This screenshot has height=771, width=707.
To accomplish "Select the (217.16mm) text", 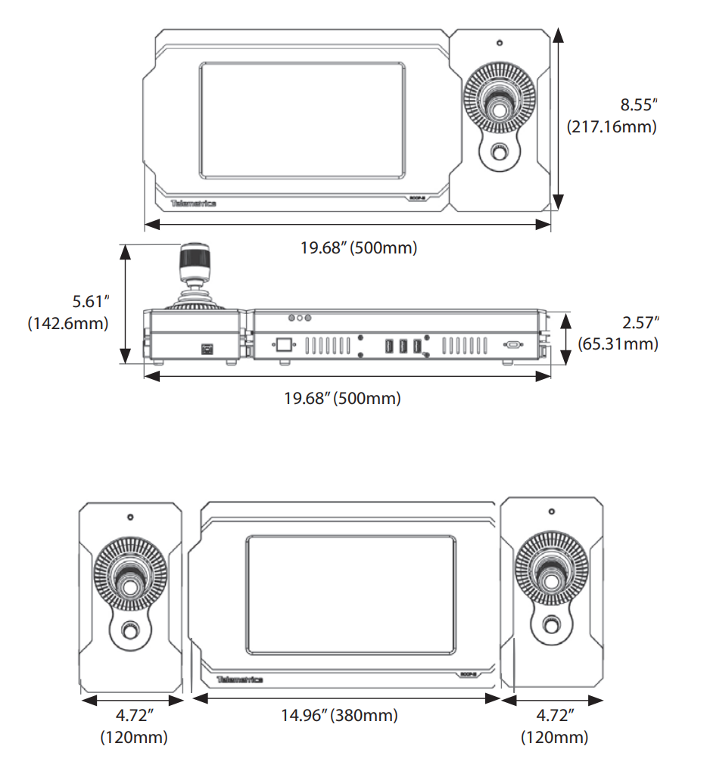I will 612,126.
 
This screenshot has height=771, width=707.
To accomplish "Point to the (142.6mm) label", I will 68,323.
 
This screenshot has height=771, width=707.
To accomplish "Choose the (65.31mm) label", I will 618,344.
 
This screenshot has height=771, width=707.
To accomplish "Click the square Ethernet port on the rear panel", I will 284,345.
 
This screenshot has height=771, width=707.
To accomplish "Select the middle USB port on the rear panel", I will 403,346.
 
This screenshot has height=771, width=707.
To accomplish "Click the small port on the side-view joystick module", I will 205,349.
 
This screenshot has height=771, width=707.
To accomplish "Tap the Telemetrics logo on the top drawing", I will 194,203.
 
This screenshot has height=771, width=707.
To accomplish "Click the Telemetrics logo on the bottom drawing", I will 239,679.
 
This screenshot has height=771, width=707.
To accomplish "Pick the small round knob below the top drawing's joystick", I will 499,153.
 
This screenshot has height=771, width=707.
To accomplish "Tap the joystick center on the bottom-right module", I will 552,580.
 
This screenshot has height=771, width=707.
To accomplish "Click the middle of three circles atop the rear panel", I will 299,319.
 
